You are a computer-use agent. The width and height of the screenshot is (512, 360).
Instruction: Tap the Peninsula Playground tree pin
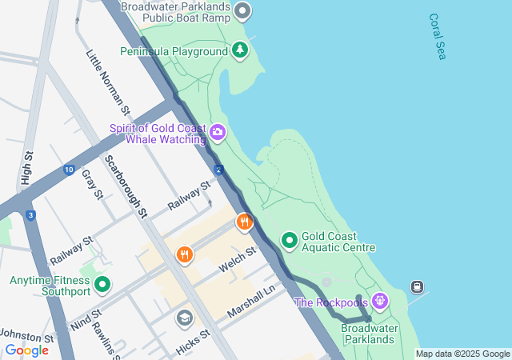[x=240, y=51]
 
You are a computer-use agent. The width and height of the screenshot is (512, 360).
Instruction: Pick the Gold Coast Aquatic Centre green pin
[x=289, y=240]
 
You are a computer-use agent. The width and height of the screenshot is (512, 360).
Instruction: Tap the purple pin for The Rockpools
[x=379, y=302]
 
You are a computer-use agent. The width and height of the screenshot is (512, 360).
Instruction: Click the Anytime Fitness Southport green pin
[x=102, y=284]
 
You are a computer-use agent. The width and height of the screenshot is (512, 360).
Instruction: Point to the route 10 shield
[x=69, y=170]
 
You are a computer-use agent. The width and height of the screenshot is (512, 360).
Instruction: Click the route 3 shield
[x=30, y=215]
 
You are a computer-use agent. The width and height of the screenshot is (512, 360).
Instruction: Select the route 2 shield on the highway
[x=218, y=169]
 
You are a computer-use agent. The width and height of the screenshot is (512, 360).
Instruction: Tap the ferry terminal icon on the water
[x=417, y=286]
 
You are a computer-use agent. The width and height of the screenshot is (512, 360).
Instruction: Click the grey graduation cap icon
[x=185, y=318]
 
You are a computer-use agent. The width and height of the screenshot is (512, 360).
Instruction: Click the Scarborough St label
[x=126, y=186]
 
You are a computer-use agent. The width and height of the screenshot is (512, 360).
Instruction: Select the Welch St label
[x=239, y=258]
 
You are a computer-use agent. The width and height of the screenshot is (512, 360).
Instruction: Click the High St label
[x=28, y=169]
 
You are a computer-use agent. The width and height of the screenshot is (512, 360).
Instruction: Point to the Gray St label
[x=93, y=185]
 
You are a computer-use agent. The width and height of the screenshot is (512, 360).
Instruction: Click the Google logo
[x=27, y=350]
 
